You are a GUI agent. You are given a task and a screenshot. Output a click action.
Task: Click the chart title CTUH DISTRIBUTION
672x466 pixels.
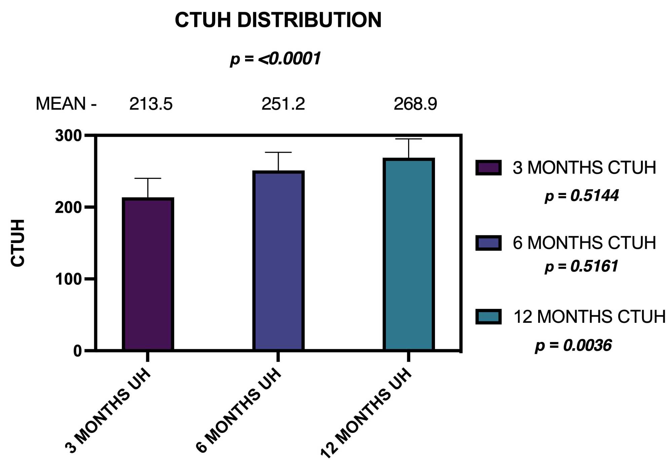coord(278,20)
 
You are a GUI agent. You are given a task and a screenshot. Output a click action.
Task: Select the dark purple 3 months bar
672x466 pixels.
coord(148,274)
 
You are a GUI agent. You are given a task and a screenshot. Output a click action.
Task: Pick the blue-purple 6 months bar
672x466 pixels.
coord(278,261)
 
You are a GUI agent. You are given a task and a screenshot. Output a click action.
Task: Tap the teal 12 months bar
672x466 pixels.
coord(408,255)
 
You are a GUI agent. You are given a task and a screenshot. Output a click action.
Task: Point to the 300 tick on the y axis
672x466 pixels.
coord(68,136)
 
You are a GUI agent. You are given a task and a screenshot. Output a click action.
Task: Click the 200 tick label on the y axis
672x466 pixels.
coord(68,208)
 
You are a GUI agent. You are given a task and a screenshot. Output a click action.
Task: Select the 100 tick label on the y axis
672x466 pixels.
coord(68,279)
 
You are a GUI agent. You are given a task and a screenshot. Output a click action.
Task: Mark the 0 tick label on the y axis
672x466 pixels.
coord(77,351)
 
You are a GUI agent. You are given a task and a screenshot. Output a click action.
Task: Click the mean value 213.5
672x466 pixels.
coord(151,104)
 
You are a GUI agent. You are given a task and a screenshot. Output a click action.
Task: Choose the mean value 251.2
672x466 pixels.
coord(283,104)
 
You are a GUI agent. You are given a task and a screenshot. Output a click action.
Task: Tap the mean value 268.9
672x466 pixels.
coord(415,104)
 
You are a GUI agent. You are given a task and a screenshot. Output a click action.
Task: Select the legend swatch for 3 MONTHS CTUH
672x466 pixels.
coord(488,167)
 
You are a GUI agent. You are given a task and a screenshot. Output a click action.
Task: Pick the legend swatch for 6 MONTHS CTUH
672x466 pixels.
coord(488,243)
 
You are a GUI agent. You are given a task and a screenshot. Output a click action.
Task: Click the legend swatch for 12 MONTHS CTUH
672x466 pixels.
coord(488,317)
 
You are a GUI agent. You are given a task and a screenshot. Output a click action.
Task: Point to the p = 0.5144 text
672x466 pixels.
coord(582,196)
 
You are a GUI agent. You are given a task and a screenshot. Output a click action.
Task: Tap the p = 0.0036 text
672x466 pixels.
coord(573,346)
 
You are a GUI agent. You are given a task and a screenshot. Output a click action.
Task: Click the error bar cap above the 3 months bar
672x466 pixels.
coord(148,178)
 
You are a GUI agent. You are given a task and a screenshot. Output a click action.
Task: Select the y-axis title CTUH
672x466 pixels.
coord(18,243)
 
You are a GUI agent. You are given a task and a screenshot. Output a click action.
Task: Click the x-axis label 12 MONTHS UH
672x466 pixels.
coord(366,414)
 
